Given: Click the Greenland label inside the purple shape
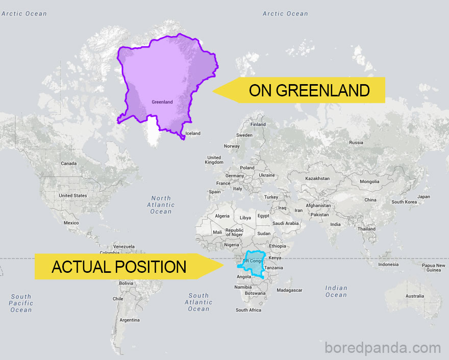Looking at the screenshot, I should tap(162, 102).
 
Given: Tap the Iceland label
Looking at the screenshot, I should tap(193, 134).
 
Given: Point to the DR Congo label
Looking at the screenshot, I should tap(252, 261).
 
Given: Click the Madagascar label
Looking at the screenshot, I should tap(289, 290).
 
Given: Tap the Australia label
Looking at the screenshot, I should tap(414, 296).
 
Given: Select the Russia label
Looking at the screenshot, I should tap(356, 143).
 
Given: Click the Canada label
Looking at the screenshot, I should tap(68, 164).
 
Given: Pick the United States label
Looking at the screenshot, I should tap(73, 196).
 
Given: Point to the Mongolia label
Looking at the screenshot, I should tap(369, 182).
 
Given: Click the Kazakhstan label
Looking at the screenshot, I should tap(317, 178).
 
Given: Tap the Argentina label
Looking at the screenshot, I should tap(129, 320).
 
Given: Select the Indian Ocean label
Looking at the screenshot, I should tap(336, 291).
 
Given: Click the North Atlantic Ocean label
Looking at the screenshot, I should tap(161, 204).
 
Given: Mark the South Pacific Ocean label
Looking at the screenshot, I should tap(21, 303).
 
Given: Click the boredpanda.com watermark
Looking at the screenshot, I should tap(382, 348).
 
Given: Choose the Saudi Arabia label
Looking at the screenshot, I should tap(285, 223).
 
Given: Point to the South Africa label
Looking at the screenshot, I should tap(248, 310).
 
